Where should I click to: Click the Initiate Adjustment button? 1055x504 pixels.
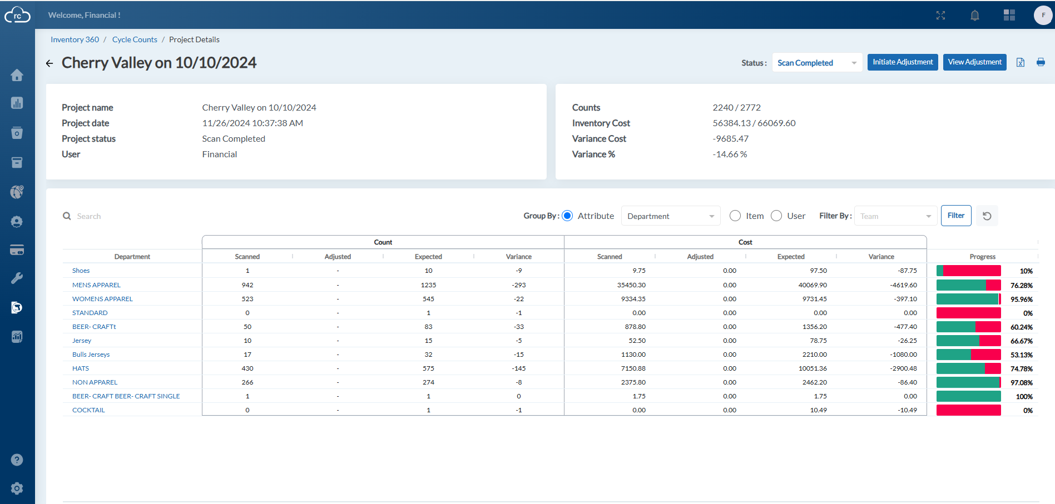click(x=903, y=62)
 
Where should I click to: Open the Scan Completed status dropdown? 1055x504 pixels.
click(x=817, y=63)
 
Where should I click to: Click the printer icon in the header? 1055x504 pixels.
click(x=1041, y=62)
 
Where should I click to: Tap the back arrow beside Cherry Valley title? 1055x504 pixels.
click(x=49, y=63)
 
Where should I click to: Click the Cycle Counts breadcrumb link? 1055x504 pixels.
click(x=135, y=39)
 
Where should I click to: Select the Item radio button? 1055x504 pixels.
click(x=735, y=216)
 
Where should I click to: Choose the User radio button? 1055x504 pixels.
click(x=776, y=216)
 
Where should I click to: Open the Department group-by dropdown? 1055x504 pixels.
click(x=671, y=216)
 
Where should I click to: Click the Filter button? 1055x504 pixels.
click(x=956, y=216)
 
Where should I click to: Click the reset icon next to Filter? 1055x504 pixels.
click(x=987, y=216)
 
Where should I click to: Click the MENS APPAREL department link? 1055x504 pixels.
click(x=96, y=285)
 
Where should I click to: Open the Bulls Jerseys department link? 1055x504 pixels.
click(x=91, y=355)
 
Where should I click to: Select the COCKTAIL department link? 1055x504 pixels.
click(x=88, y=410)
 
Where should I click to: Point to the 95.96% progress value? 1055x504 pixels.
click(x=1022, y=300)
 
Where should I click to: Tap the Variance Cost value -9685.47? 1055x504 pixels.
click(x=731, y=139)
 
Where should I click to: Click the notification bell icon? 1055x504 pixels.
click(x=975, y=16)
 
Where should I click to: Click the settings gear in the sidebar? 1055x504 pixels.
click(x=17, y=488)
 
